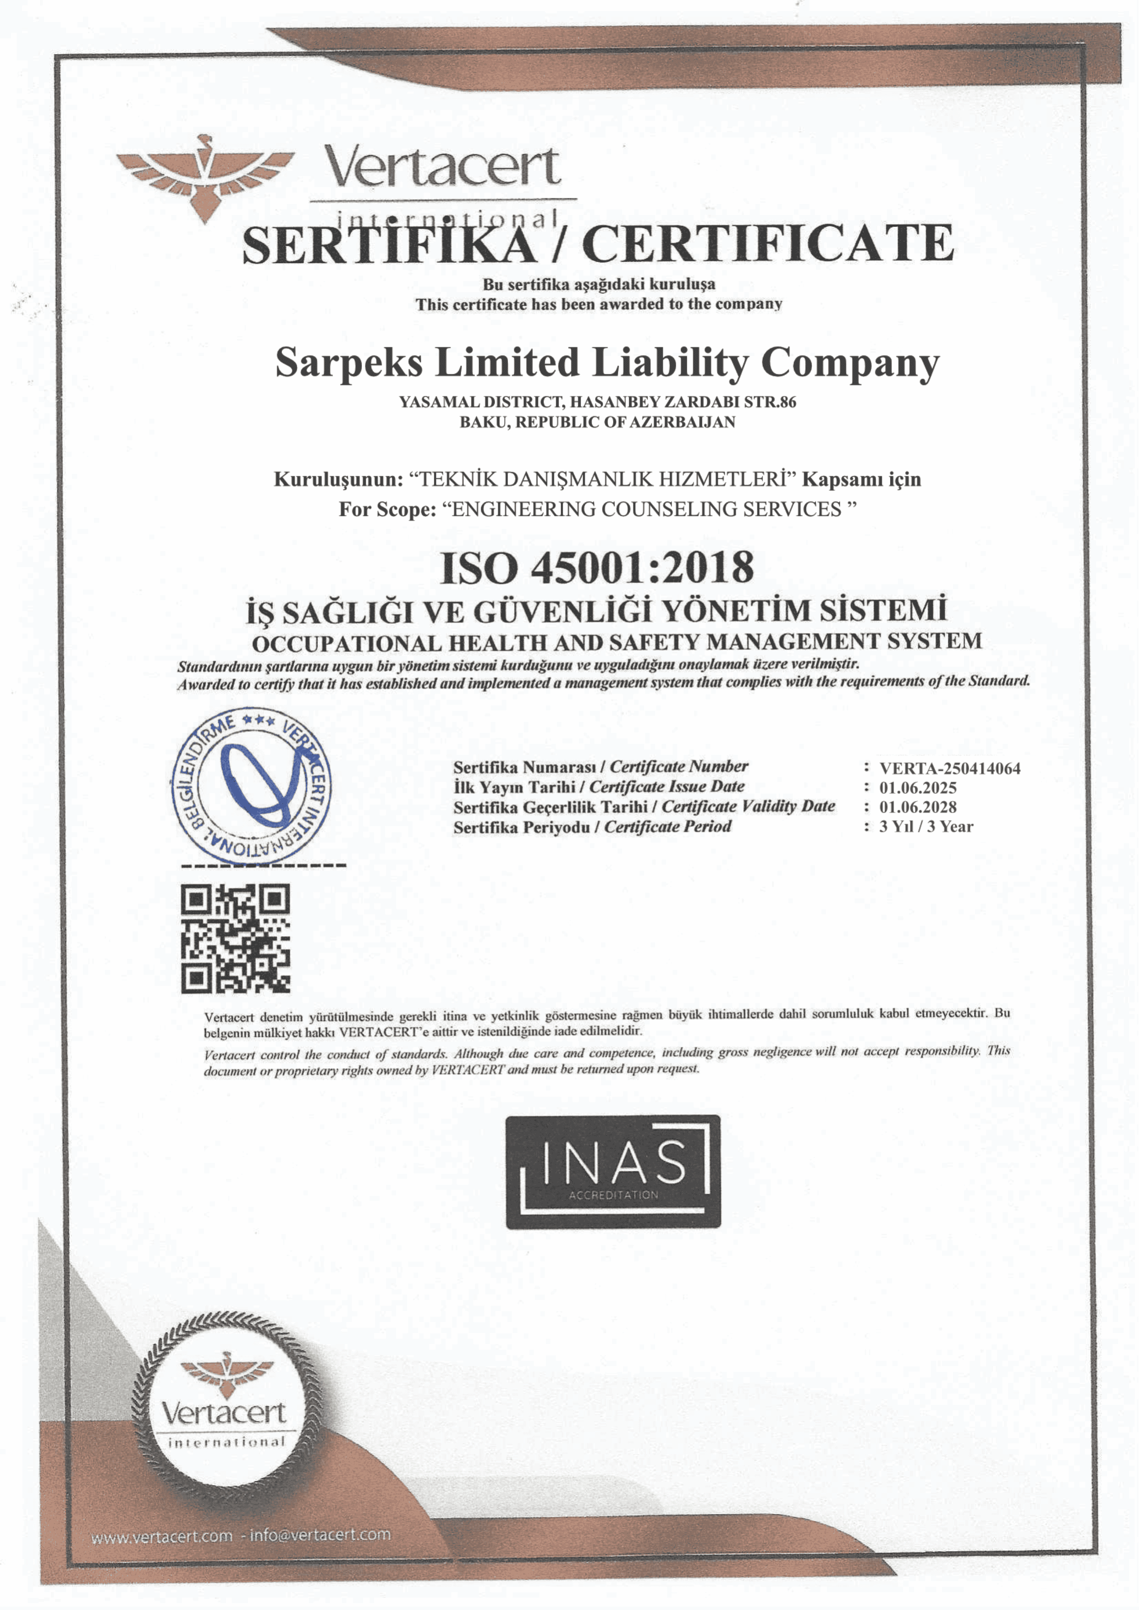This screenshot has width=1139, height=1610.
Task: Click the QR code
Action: pyautogui.click(x=236, y=938)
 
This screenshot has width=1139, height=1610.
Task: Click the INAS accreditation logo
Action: pyautogui.click(x=613, y=1171)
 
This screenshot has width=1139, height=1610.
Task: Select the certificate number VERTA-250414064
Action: pyautogui.click(x=950, y=768)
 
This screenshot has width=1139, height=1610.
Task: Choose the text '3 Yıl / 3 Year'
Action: pyautogui.click(x=926, y=827)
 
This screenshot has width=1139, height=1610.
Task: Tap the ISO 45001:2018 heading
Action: pyautogui.click(x=597, y=568)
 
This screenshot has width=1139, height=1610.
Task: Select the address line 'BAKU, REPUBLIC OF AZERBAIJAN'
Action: pyautogui.click(x=597, y=422)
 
